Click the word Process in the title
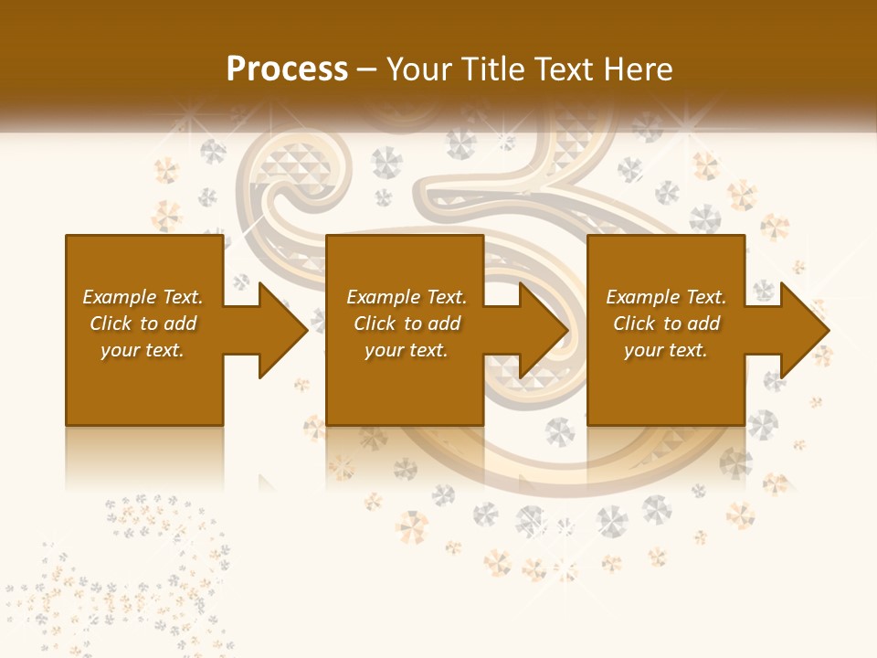pos(287,69)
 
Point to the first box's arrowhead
pos(283,330)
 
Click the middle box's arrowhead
pos(544,330)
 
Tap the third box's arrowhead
pos(805,330)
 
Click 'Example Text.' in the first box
pos(143,297)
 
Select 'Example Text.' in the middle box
pos(407,297)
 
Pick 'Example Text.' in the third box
pos(666,297)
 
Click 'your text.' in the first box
pos(143,350)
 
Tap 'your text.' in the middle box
pos(407,350)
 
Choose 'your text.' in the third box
pos(666,350)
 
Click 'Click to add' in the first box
pos(143,324)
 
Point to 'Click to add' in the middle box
pos(407,324)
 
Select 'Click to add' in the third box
pos(666,324)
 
